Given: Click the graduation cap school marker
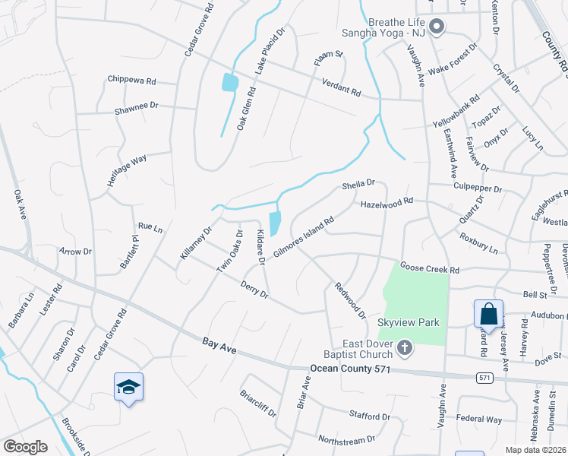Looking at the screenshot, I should [128, 388].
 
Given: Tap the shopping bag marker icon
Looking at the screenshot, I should [488, 313].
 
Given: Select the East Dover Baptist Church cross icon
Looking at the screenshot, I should [405, 349].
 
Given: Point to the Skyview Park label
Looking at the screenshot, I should [409, 323].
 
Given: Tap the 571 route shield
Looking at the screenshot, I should [484, 377].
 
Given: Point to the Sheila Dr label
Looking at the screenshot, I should [358, 183].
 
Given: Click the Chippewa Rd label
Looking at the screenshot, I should [131, 80].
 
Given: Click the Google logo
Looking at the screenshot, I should [25, 446].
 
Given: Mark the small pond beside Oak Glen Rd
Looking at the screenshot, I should [229, 82].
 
